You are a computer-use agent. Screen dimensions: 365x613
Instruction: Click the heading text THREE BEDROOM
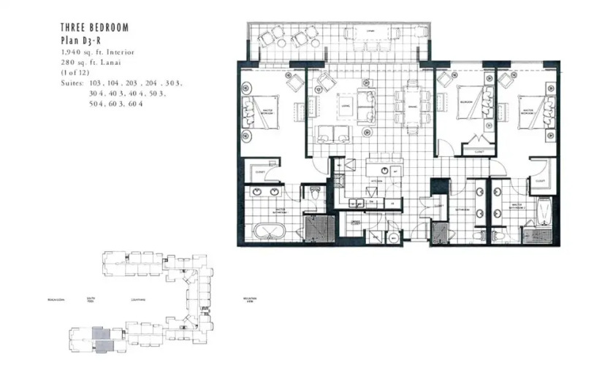tap(95, 28)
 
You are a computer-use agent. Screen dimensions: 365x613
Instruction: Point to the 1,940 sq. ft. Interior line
tap(98, 53)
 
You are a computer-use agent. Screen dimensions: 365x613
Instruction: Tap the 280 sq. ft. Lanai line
tap(91, 64)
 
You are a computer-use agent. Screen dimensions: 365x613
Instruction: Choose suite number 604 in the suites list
tap(134, 104)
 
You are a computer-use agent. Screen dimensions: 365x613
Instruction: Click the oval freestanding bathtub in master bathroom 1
tap(268, 231)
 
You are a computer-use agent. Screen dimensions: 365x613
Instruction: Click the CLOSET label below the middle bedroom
tap(478, 153)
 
